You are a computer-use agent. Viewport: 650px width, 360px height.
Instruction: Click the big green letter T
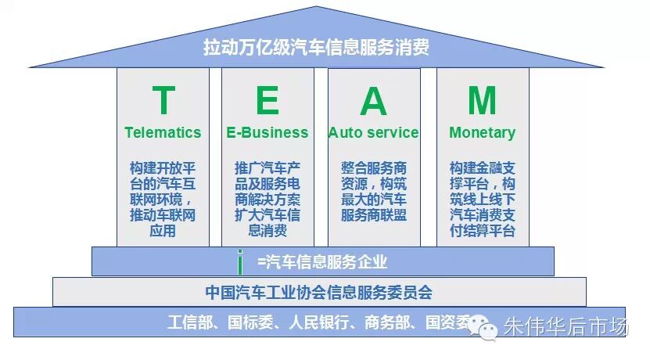163,99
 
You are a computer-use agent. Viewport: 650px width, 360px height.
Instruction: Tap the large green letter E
268,99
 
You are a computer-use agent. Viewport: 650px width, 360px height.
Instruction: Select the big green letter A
374,100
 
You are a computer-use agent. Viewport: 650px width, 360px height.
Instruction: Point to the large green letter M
482,100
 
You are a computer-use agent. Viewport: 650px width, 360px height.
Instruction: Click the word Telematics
163,132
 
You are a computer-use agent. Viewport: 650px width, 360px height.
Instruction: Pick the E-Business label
268,132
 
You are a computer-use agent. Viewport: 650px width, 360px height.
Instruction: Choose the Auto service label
374,132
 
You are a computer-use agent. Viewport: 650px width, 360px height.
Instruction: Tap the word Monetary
482,133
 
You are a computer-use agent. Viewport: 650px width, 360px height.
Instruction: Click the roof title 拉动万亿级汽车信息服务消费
316,47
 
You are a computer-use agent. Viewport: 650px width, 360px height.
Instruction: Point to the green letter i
240,262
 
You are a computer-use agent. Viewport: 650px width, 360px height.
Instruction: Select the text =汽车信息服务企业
322,261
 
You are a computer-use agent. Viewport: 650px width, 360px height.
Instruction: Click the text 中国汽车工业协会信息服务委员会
319,293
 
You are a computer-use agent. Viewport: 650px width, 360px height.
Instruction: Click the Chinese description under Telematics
163,199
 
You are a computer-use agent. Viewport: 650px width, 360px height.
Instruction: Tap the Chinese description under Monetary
483,199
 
